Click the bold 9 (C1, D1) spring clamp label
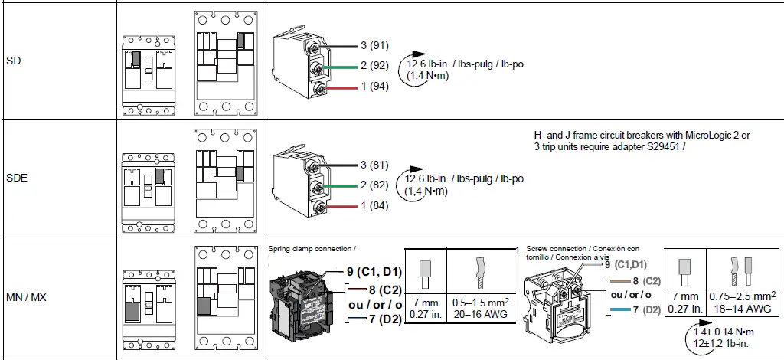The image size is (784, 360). pos(374,272)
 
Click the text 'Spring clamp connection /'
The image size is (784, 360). pos(312,249)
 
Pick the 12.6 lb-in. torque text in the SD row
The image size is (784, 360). pos(430,64)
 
